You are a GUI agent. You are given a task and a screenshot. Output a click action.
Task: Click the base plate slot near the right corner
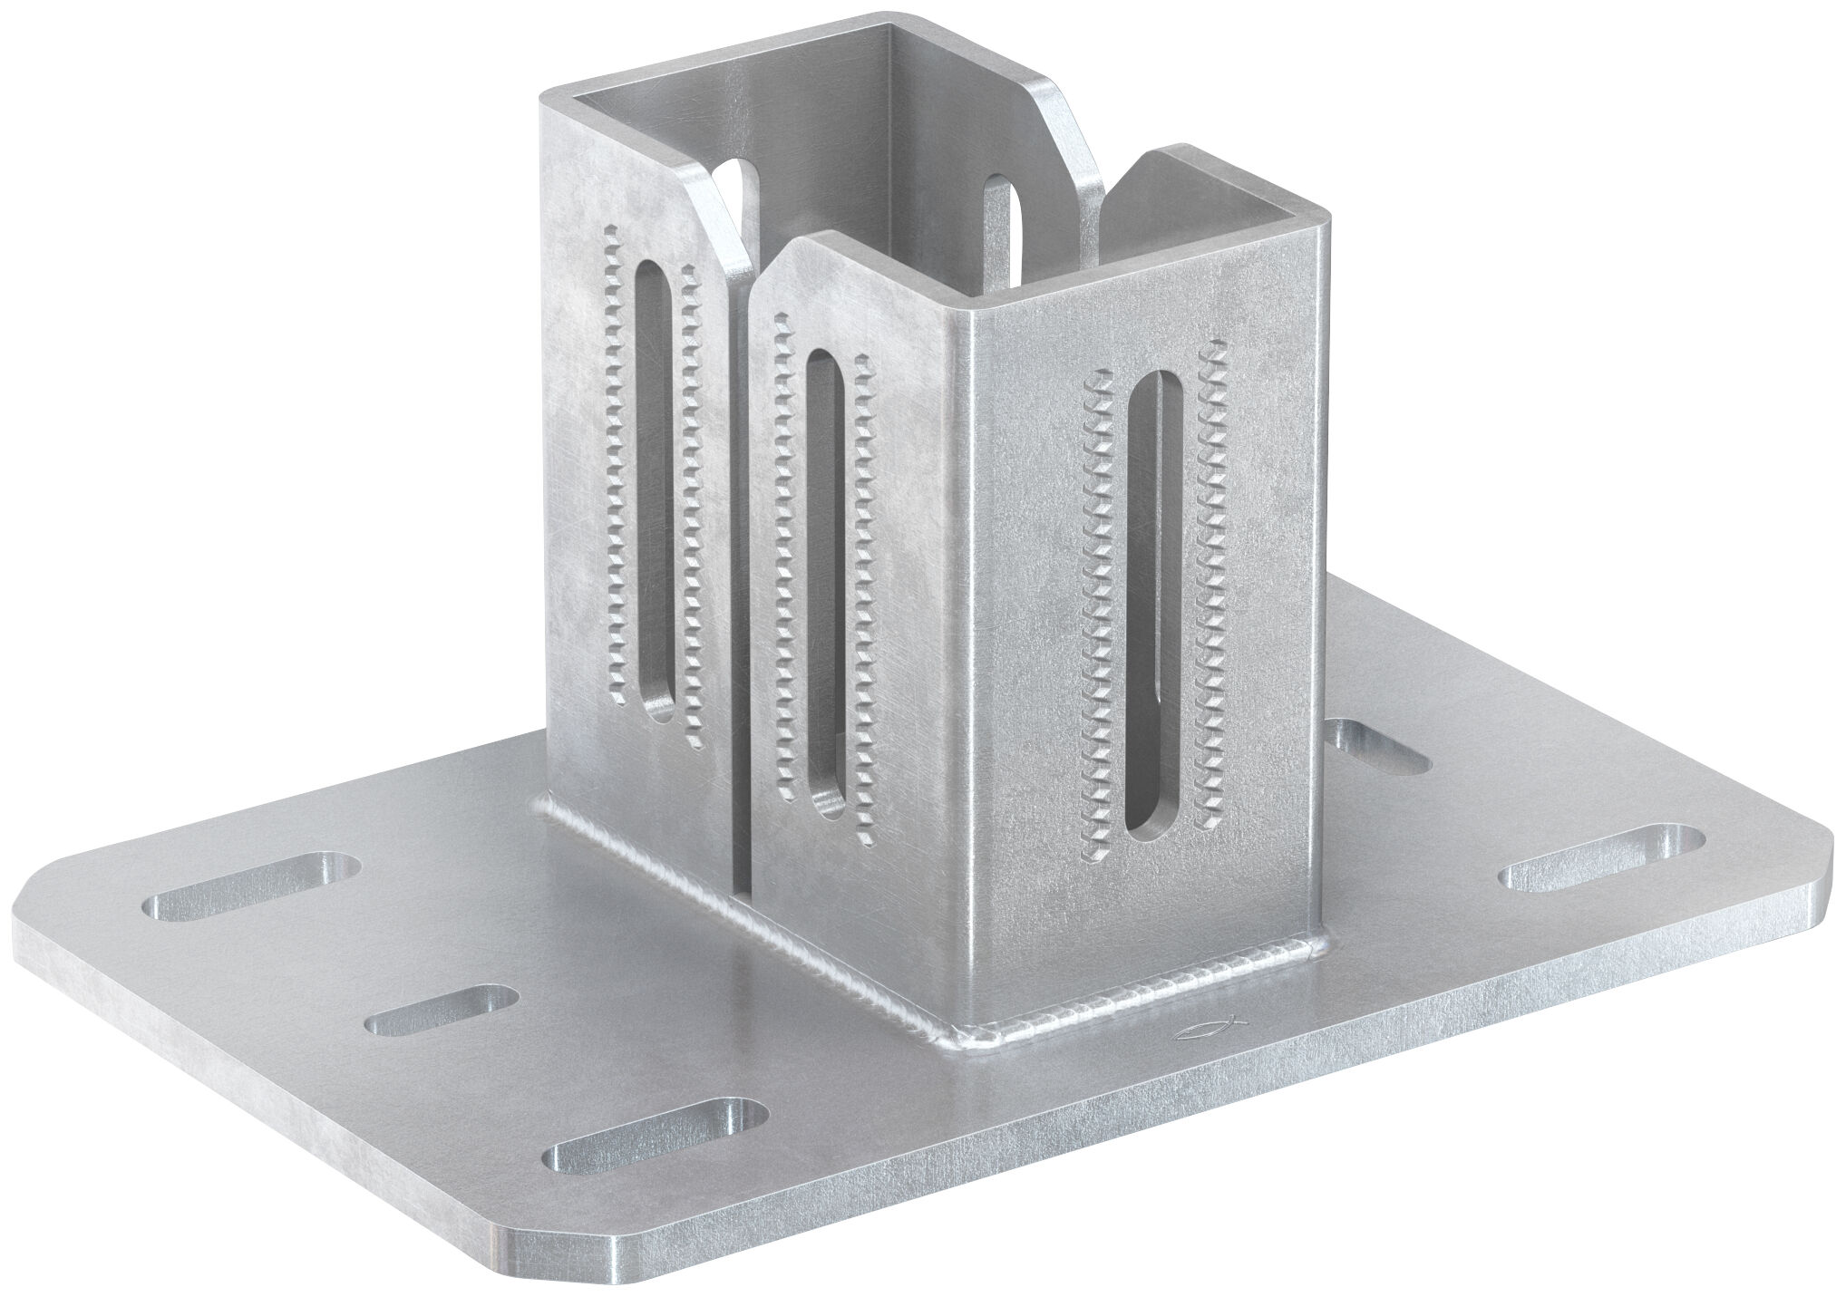click(1601, 847)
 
